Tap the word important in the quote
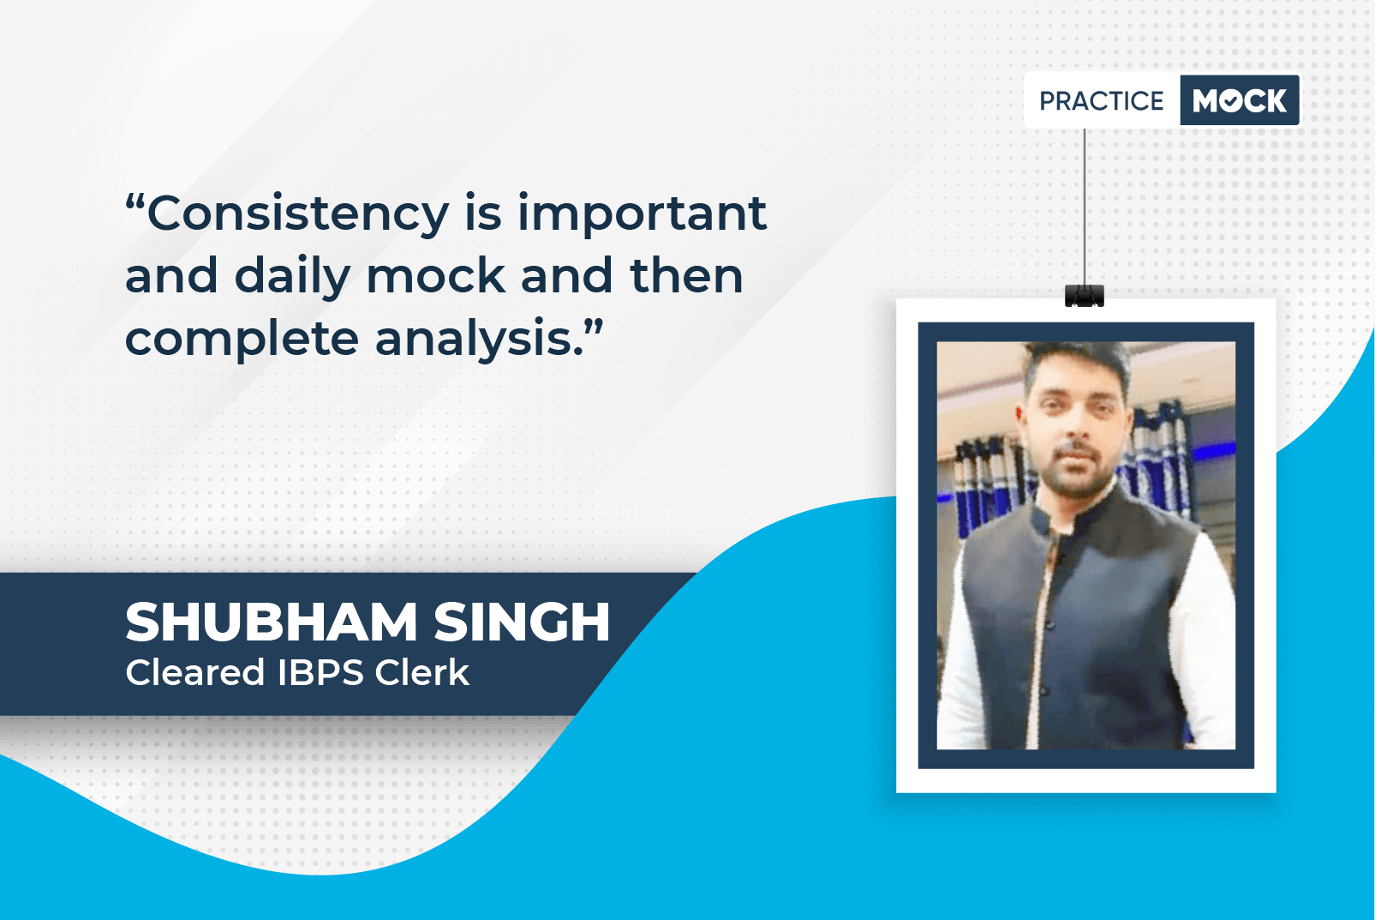click(642, 213)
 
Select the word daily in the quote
click(292, 276)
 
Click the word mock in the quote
click(436, 275)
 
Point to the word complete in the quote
click(242, 340)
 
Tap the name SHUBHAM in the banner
click(272, 622)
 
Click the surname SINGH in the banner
click(522, 622)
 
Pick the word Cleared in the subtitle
click(195, 672)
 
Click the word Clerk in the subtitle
click(422, 672)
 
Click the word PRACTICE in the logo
click(1101, 101)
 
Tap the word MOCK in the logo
click(1240, 100)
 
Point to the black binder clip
click(1084, 296)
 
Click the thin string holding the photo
click(1084, 207)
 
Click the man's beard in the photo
click(1075, 473)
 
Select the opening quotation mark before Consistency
click(135, 201)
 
